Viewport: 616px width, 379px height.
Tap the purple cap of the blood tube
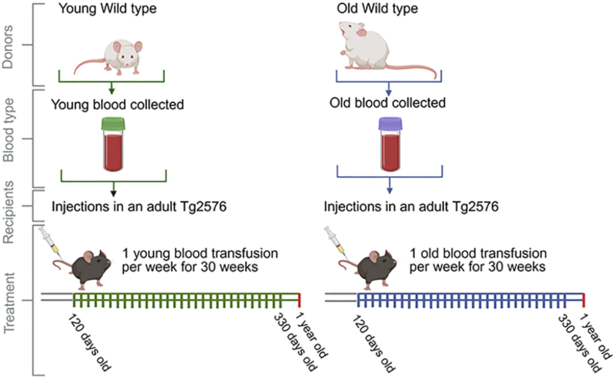click(390, 124)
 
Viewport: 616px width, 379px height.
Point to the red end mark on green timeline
click(299, 300)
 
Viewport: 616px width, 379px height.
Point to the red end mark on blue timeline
click(584, 300)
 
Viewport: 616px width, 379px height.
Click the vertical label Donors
click(8, 47)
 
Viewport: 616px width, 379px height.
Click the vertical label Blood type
click(8, 130)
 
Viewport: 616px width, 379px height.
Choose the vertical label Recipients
click(8, 212)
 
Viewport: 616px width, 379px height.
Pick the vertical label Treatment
click(9, 303)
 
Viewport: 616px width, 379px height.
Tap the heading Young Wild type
click(107, 8)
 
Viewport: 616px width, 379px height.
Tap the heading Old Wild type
click(377, 8)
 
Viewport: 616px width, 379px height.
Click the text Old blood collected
click(387, 103)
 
